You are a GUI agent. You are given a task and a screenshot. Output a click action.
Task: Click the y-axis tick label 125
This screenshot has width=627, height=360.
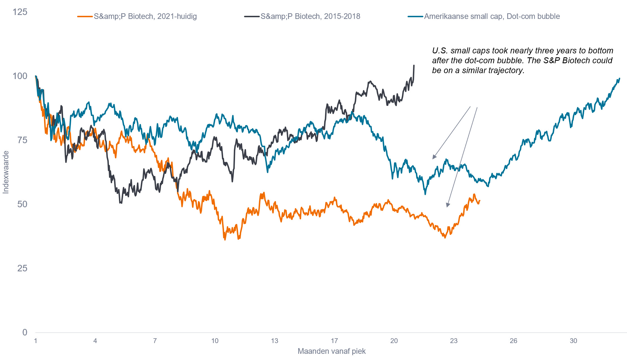20,12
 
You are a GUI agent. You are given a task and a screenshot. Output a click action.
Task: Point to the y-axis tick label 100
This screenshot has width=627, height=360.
20,76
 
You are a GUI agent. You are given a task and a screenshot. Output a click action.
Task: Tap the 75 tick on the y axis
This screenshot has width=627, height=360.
22,140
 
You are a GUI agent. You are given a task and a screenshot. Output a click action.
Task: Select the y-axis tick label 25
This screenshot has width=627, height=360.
22,268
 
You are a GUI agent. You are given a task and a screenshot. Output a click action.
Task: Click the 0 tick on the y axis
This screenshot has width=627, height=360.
25,332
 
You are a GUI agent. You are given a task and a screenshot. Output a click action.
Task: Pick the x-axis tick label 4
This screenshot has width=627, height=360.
95,341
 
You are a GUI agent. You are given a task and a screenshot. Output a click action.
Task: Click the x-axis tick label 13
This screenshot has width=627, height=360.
275,341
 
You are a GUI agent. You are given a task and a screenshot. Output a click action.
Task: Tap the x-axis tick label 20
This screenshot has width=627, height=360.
394,341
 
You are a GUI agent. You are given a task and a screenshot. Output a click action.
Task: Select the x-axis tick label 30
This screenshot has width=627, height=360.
573,341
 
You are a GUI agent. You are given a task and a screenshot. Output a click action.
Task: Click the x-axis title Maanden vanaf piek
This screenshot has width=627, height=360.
332,351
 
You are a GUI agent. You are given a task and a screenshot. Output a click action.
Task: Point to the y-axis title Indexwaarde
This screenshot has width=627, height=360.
6,172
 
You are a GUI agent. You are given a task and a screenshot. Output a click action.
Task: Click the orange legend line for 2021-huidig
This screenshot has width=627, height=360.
85,16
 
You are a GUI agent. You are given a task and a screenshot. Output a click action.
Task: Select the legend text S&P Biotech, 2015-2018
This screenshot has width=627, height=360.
310,16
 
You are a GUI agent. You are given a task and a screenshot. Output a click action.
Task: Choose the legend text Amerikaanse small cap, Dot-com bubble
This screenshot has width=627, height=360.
492,16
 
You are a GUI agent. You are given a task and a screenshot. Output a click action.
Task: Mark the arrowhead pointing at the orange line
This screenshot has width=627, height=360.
447,205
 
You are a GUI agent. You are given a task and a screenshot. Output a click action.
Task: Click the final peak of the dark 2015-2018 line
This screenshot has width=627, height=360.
414,66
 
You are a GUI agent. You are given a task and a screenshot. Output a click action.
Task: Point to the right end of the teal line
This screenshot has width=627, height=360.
619,78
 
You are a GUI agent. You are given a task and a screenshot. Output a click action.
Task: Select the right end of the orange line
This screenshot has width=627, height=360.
480,201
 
